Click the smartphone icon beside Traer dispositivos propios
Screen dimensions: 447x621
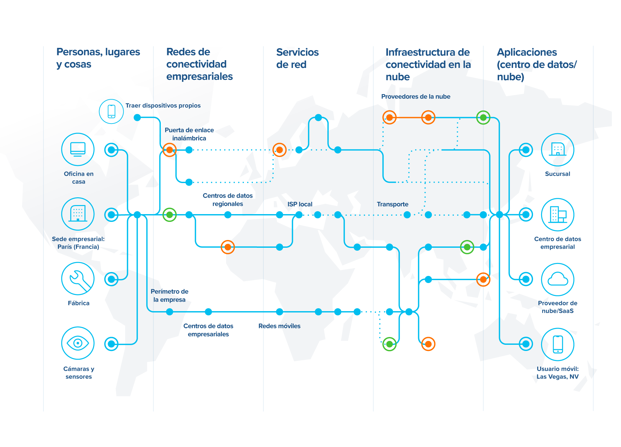[111, 111]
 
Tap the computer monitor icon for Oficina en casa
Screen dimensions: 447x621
[78, 149]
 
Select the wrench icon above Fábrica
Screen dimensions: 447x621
[78, 278]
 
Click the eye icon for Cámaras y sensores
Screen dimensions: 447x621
[78, 343]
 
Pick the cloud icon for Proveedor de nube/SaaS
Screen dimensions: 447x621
[558, 279]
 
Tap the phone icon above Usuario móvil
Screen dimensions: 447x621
[558, 344]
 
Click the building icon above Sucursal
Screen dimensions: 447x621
[558, 149]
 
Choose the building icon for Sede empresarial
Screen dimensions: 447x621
[78, 214]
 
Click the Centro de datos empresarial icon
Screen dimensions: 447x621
[558, 214]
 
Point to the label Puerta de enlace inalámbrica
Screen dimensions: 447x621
[189, 134]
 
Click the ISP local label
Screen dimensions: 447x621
[300, 204]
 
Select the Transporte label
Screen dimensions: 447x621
[392, 204]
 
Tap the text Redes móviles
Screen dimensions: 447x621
[279, 326]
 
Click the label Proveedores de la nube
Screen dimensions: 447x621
[416, 96]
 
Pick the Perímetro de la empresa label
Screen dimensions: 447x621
[169, 295]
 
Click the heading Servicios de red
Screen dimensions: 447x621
[297, 58]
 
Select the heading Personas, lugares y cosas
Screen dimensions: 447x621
[98, 58]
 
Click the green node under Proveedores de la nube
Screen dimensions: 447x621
[483, 117]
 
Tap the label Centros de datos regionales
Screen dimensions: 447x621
[228, 200]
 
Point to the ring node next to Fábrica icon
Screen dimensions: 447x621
[111, 279]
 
